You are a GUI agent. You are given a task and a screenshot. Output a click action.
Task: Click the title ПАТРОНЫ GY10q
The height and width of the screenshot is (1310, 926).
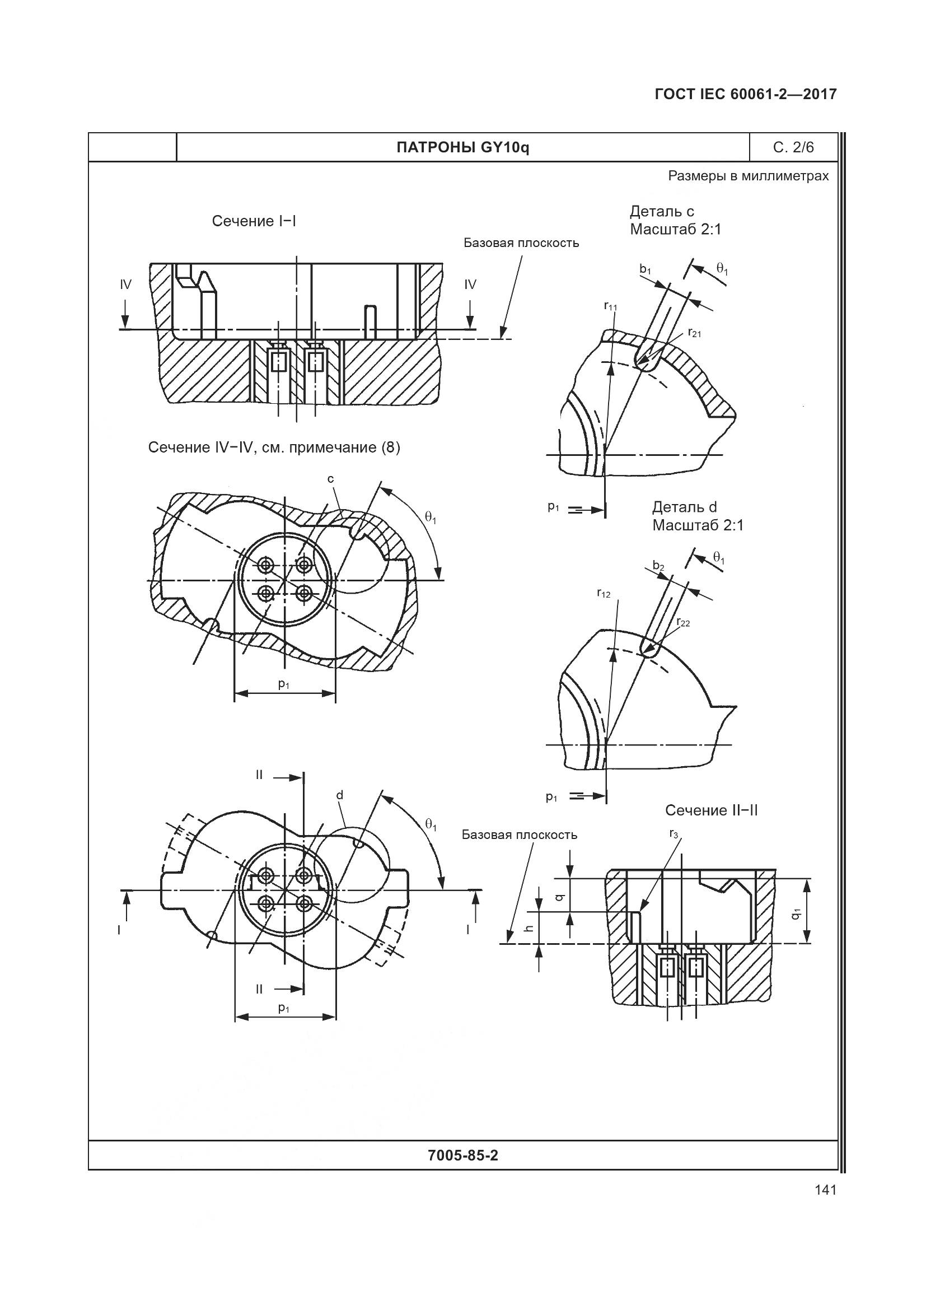pos(462,148)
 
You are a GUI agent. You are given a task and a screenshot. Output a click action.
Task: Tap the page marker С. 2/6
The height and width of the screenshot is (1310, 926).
pos(793,148)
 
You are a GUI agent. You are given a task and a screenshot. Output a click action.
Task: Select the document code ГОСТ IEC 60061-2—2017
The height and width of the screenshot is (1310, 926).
pos(746,94)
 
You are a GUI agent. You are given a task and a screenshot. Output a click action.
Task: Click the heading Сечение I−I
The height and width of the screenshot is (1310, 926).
pos(254,221)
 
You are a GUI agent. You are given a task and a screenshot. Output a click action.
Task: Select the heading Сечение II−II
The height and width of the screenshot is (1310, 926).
pos(711,810)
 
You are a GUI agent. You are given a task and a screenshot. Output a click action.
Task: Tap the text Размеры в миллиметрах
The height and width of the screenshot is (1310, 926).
pos(748,176)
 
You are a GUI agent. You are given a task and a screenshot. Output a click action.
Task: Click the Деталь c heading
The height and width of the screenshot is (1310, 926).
pos(662,212)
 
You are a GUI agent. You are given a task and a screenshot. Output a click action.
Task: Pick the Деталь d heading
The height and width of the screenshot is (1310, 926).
pos(684,507)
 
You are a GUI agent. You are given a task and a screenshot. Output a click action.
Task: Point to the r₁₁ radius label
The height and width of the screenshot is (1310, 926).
pos(610,306)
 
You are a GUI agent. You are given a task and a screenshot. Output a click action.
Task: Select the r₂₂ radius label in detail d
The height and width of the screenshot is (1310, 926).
pos(683,622)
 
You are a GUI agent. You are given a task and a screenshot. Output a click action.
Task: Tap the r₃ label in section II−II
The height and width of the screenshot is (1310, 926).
pos(674,835)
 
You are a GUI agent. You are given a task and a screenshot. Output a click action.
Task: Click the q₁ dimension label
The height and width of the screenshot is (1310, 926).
pos(796,913)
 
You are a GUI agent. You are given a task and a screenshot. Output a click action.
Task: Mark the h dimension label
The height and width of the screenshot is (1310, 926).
pos(530,928)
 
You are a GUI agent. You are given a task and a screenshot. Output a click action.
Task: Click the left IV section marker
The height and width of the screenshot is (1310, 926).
pos(125,285)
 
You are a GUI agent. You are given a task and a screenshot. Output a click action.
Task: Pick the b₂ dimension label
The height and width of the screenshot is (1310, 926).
pos(658,566)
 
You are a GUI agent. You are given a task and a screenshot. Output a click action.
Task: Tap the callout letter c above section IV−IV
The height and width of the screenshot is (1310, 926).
pos(331,479)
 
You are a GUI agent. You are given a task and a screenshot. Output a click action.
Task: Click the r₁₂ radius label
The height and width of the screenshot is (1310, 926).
pos(604,594)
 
